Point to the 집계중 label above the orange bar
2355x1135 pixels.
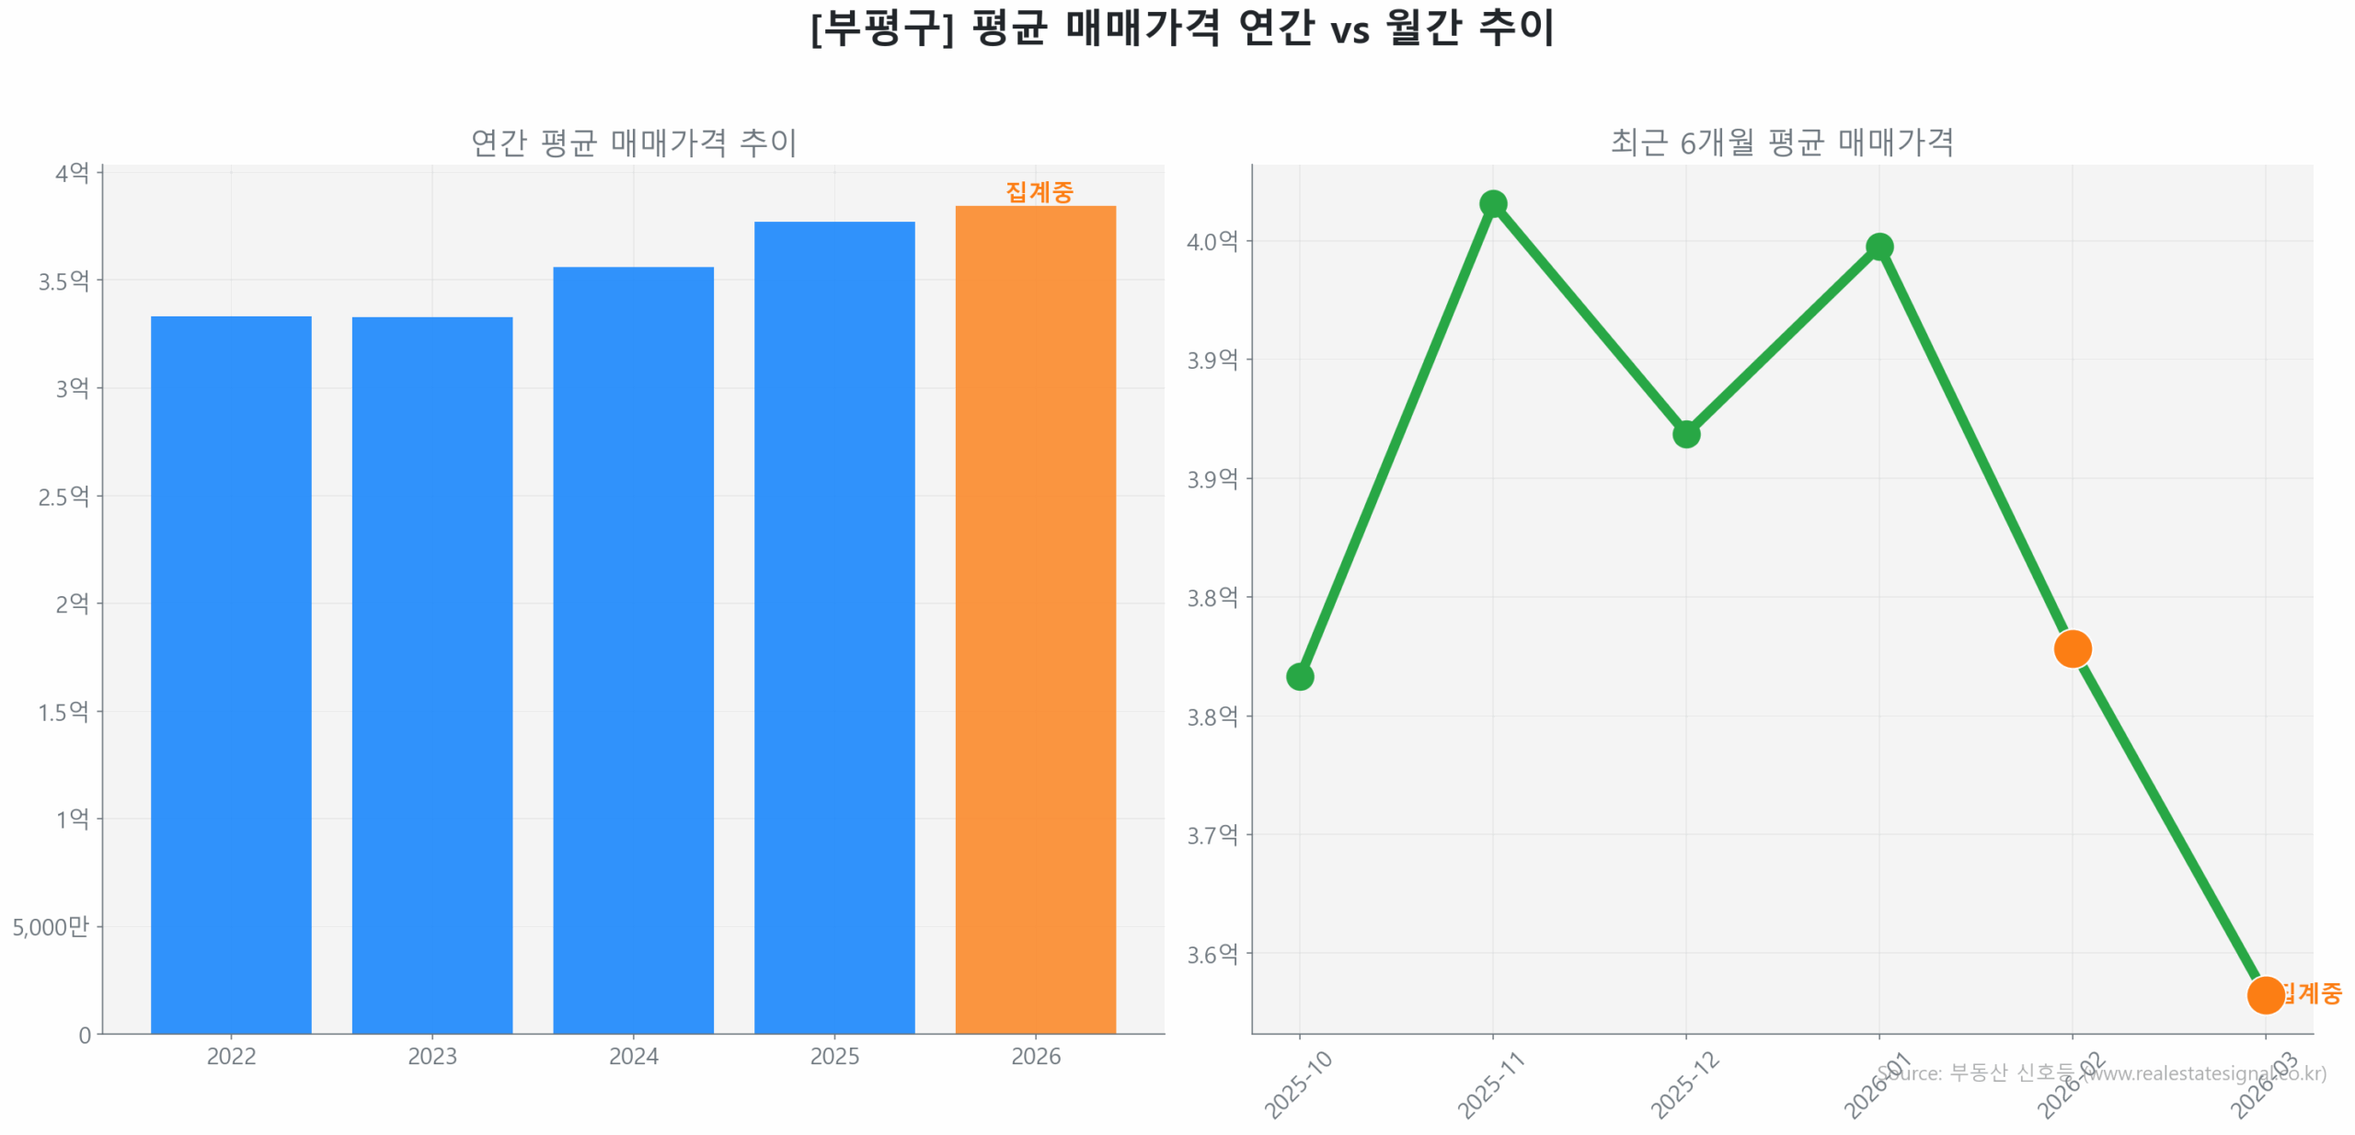pos(1039,191)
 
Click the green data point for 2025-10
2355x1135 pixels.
pos(1299,676)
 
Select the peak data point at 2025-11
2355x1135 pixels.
pos(1493,203)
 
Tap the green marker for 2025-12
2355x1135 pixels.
pos(1685,433)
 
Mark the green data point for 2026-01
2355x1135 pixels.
pos(1878,246)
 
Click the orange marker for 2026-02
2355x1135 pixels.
pos(2072,648)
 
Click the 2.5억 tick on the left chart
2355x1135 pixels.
pos(63,496)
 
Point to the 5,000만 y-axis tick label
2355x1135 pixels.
pos(51,925)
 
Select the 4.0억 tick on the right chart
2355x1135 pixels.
pos(1212,241)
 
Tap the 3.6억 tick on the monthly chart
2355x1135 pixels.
pos(1212,954)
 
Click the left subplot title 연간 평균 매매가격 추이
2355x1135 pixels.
pos(633,142)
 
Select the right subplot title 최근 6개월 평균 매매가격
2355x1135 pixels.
pos(1781,142)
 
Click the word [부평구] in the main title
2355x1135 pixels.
pos(881,28)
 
